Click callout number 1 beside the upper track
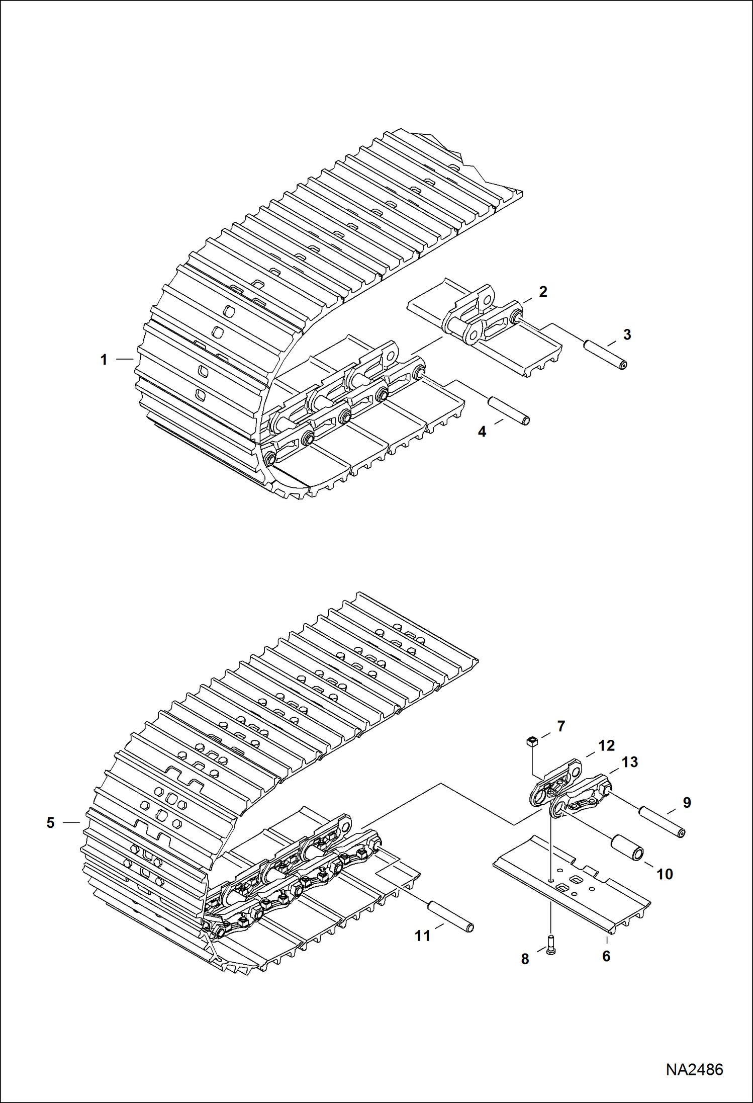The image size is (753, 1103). tap(104, 360)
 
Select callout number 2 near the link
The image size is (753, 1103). tap(543, 291)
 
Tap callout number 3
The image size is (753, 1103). tap(627, 334)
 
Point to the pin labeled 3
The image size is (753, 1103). tap(606, 355)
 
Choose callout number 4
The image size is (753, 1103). tap(482, 432)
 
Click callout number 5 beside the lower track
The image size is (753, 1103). tap(50, 823)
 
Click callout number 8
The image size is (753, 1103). tap(525, 959)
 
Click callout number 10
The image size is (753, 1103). tap(665, 874)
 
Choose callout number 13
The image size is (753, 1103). tap(629, 762)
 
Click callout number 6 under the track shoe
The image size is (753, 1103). tap(606, 956)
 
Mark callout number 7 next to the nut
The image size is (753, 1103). tap(561, 726)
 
